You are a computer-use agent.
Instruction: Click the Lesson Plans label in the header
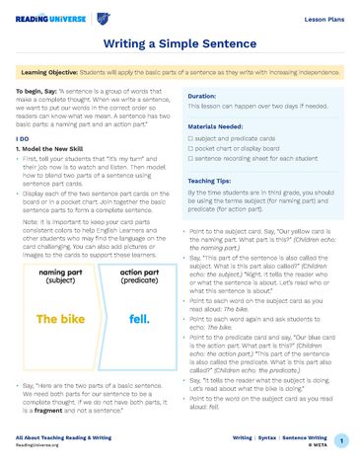[x=321, y=18]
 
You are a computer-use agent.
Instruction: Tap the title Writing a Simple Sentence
[x=180, y=44]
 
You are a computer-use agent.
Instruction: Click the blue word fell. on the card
[x=138, y=320]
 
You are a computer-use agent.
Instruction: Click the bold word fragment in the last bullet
[x=47, y=410]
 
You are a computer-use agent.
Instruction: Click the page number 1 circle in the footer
[x=340, y=441]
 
